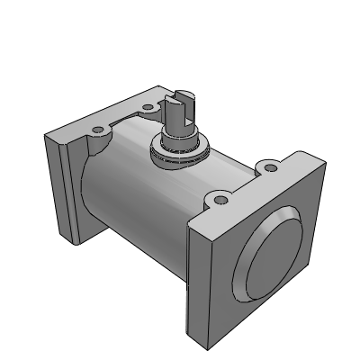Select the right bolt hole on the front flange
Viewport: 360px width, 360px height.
click(268, 167)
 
